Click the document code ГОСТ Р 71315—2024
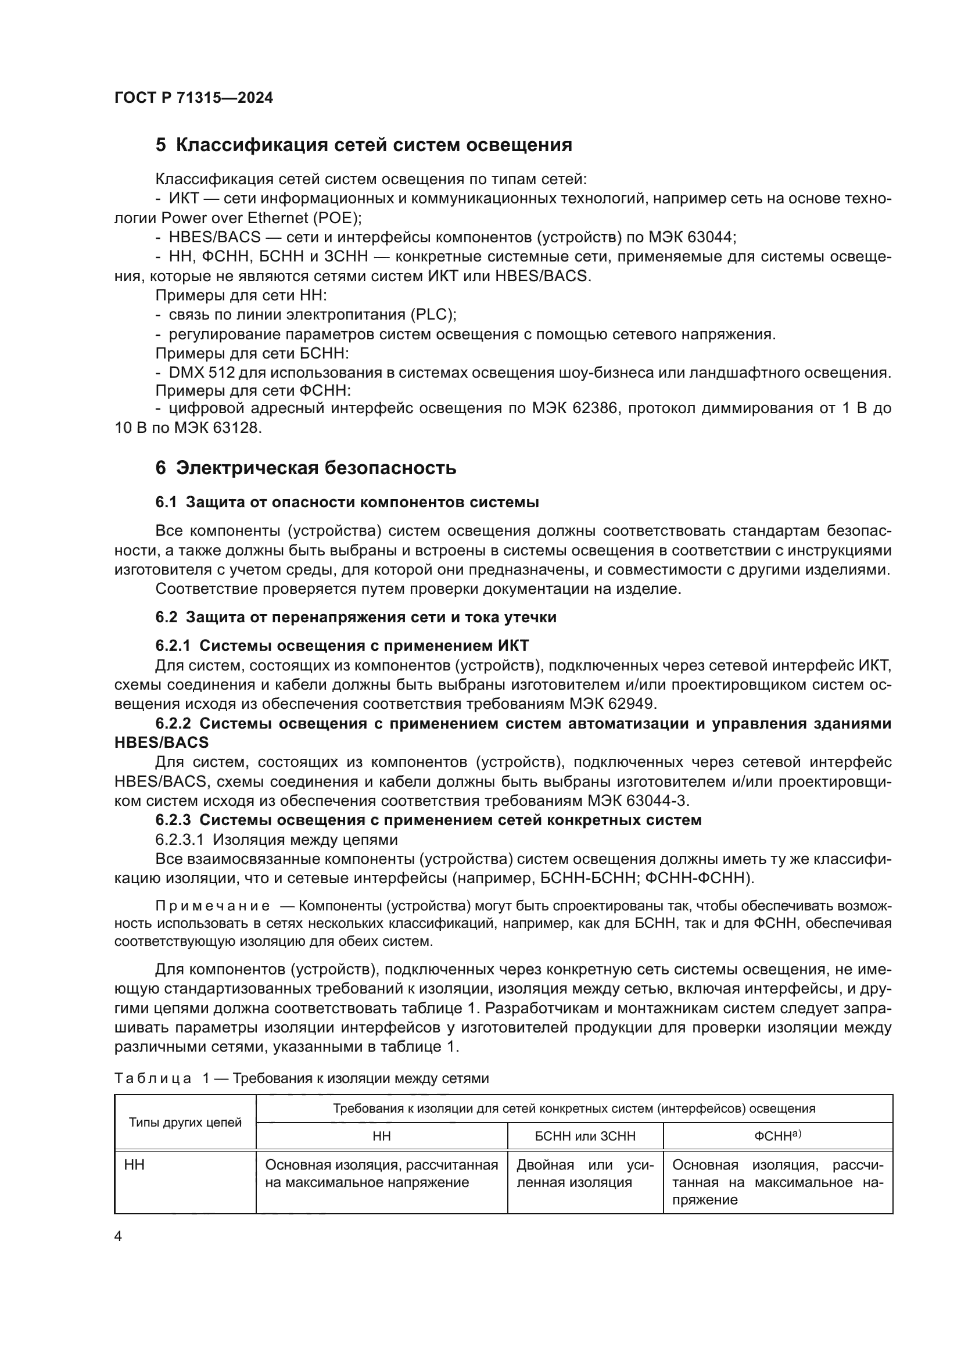pyautogui.click(x=193, y=98)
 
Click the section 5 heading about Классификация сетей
pyautogui.click(x=363, y=145)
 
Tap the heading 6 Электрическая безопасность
pyautogui.click(x=306, y=468)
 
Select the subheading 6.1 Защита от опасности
pyautogui.click(x=347, y=503)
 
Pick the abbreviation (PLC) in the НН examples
pyautogui.click(x=433, y=314)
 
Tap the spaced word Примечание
pyautogui.click(x=213, y=906)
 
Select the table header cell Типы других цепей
pyautogui.click(x=185, y=1123)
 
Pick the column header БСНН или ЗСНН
pyautogui.click(x=585, y=1136)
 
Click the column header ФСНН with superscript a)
pyautogui.click(x=777, y=1136)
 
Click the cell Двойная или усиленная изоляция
pyautogui.click(x=585, y=1174)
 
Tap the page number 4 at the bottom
pyautogui.click(x=118, y=1236)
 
